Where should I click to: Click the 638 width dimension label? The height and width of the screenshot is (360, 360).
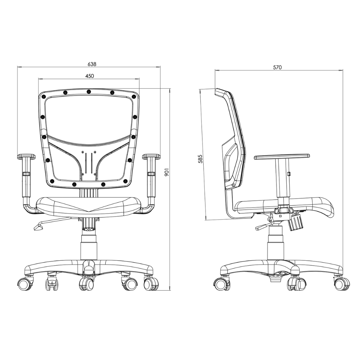click(92, 64)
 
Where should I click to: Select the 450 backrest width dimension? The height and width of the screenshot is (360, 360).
click(90, 76)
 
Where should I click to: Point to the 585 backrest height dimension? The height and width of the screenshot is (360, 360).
click(200, 159)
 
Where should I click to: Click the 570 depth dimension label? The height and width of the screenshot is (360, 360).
click(277, 67)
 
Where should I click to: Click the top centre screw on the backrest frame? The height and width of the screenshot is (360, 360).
click(89, 92)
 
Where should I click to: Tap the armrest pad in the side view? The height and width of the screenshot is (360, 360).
click(282, 156)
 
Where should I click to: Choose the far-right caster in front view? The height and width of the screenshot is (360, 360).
click(151, 284)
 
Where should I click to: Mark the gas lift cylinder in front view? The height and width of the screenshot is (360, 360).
click(89, 247)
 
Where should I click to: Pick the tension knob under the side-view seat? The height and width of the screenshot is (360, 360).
click(296, 222)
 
